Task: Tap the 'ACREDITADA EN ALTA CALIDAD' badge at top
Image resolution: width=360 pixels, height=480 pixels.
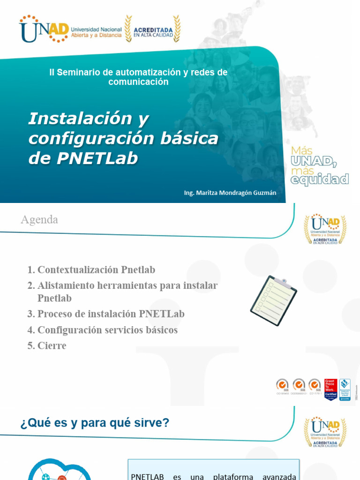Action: click(x=153, y=29)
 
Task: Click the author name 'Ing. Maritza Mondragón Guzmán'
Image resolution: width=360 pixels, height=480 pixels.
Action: click(x=230, y=192)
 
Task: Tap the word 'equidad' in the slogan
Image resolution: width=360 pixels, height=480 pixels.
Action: click(x=320, y=179)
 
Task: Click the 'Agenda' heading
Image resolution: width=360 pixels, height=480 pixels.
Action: click(x=39, y=219)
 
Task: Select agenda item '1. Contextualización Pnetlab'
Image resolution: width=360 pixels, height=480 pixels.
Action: click(x=91, y=270)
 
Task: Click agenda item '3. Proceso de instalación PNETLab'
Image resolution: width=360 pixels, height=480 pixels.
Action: click(x=106, y=314)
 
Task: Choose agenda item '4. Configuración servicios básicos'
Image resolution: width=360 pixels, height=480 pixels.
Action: click(x=103, y=330)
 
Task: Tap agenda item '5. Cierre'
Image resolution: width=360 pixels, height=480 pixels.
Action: click(x=47, y=346)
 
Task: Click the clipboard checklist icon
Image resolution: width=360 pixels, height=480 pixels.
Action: click(x=273, y=300)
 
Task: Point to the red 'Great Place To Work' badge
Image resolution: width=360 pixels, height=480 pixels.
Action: click(x=330, y=390)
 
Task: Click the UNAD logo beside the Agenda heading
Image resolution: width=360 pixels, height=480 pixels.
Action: click(x=325, y=230)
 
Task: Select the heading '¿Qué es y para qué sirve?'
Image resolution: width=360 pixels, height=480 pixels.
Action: click(x=95, y=423)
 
